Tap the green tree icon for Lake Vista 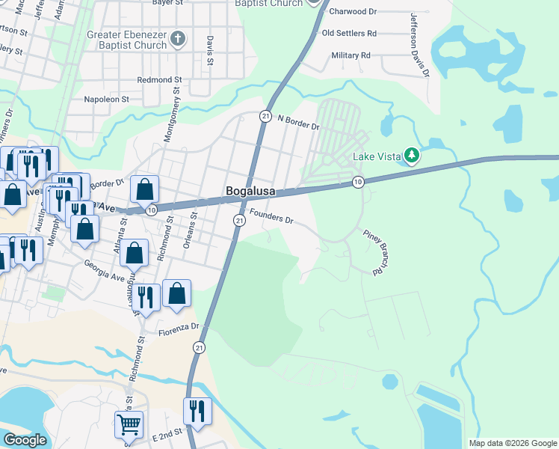click(x=410, y=156)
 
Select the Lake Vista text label click(x=377, y=157)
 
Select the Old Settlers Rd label click(x=348, y=34)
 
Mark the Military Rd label click(x=350, y=55)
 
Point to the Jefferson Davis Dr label click(x=419, y=44)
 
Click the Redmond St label click(x=160, y=80)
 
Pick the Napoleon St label click(x=107, y=99)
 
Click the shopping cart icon click(x=129, y=426)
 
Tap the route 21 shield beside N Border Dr click(x=265, y=116)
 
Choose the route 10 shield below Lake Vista click(x=358, y=182)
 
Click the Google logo click(x=25, y=441)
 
